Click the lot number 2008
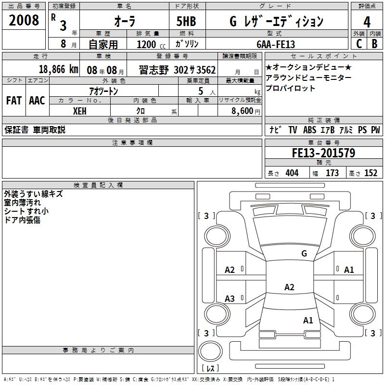[x=24, y=21]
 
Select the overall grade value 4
[x=367, y=21]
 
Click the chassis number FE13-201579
[x=323, y=154]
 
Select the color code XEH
[x=79, y=111]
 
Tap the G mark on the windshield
[x=304, y=253]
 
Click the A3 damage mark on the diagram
[x=230, y=299]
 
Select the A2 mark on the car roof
[x=289, y=287]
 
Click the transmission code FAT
[x=13, y=101]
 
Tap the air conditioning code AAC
[x=37, y=101]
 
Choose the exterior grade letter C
[x=359, y=44]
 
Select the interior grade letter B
[x=374, y=44]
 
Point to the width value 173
[x=332, y=173]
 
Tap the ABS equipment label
[x=309, y=130]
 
